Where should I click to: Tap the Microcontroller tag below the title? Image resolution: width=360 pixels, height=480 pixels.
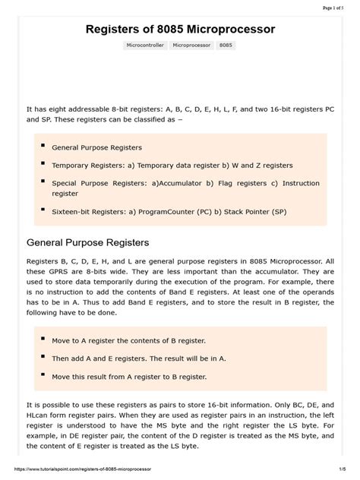pos(146,46)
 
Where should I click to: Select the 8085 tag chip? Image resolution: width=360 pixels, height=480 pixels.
pos(226,46)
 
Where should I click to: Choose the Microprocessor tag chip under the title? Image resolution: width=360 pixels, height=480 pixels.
pos(191,46)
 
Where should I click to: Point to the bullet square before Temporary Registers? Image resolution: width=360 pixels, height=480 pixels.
pos(43,163)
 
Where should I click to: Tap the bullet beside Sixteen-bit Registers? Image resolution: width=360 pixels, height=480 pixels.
pos(43,210)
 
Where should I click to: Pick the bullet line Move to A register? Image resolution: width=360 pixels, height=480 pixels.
pos(128,340)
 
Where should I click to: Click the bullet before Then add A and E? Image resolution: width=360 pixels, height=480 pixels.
pos(43,357)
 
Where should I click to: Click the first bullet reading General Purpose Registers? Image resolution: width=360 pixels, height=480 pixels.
pos(96,147)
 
